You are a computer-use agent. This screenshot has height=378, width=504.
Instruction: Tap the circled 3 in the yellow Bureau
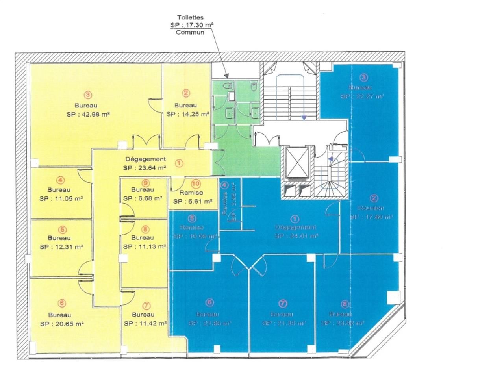[x=87, y=94]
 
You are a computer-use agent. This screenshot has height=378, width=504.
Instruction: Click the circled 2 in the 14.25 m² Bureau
[x=186, y=93]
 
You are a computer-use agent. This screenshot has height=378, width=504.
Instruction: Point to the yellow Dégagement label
[x=145, y=159]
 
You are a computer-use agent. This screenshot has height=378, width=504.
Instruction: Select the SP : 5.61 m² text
[x=193, y=201]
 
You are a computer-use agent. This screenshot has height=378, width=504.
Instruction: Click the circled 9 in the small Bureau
[x=146, y=183]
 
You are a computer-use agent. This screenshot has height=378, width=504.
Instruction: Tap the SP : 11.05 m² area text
[x=61, y=199]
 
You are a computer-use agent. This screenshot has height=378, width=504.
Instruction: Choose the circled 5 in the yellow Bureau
[x=62, y=229]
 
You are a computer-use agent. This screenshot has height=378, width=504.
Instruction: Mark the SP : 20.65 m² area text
[x=62, y=324]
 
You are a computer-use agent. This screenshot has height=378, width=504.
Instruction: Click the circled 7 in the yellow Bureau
[x=146, y=306]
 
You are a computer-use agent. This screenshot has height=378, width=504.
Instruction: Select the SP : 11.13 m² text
[x=145, y=246]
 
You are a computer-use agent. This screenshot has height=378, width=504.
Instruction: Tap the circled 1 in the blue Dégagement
[x=294, y=219]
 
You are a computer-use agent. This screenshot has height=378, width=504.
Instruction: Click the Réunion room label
[x=371, y=208]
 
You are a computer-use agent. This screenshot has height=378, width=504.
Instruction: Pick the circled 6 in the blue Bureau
[x=210, y=302]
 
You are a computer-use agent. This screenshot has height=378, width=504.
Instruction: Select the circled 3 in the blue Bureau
[x=364, y=78]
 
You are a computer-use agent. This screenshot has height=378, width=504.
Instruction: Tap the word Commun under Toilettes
[x=190, y=32]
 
